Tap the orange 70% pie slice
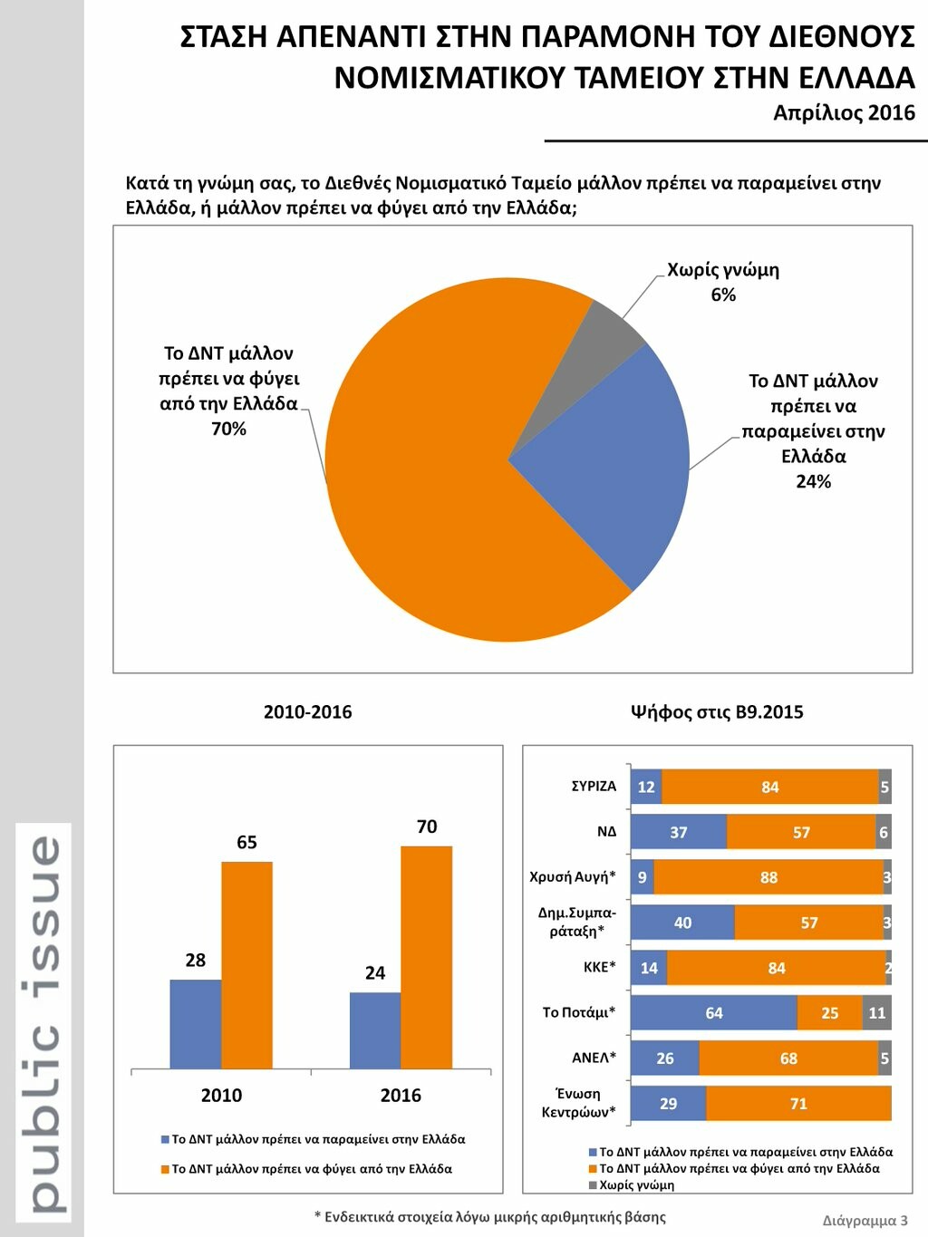pyautogui.click(x=435, y=489)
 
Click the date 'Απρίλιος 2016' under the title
pyautogui.click(x=844, y=113)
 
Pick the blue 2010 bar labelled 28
pyautogui.click(x=196, y=1024)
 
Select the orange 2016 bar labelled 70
pyautogui.click(x=426, y=957)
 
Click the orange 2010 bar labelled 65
pyautogui.click(x=246, y=965)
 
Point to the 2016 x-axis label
pyautogui.click(x=401, y=1096)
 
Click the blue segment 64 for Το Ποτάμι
pyautogui.click(x=713, y=1013)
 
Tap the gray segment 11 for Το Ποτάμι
pyautogui.click(x=876, y=1013)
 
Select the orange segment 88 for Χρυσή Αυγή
pyautogui.click(x=768, y=877)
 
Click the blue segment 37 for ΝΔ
pyautogui.click(x=678, y=832)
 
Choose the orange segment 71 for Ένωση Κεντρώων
pyautogui.click(x=798, y=1104)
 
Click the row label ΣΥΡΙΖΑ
pyautogui.click(x=594, y=787)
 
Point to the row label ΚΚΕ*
pyautogui.click(x=599, y=968)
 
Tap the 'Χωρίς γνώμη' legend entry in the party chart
pyautogui.click(x=635, y=1185)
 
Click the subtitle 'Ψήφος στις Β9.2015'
pyautogui.click(x=717, y=712)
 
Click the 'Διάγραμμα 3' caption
pyautogui.click(x=865, y=1221)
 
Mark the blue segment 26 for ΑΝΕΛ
pyautogui.click(x=664, y=1058)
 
